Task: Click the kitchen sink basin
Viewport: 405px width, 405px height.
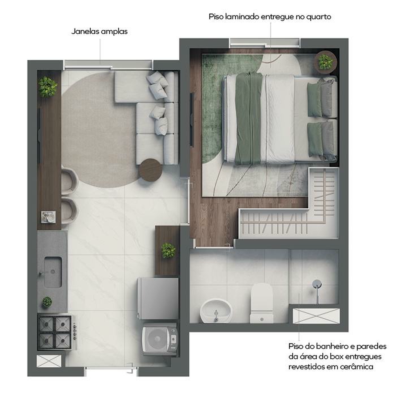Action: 53,272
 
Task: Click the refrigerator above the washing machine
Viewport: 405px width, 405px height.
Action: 158,299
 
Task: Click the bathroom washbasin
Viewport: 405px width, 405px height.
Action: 216,311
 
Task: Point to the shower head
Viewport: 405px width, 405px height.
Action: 317,284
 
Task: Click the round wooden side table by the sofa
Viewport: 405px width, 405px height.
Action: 151,170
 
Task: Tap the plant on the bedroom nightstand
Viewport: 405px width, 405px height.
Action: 325,62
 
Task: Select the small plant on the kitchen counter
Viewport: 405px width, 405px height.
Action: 47,302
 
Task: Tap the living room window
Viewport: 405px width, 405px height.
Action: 108,65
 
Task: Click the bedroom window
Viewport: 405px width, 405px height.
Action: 265,43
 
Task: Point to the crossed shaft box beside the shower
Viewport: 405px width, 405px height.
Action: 316,316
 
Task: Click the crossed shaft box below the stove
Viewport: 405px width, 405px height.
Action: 49,361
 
